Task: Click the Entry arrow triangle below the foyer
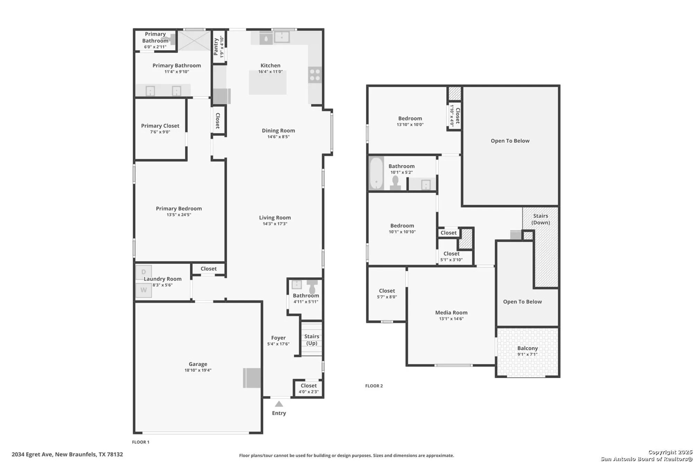(x=279, y=404)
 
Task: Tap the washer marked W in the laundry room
(x=143, y=290)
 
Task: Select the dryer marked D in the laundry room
(x=143, y=272)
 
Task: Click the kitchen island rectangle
(x=267, y=82)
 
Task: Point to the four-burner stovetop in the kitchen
(x=315, y=75)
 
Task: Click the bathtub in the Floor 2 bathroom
(x=376, y=173)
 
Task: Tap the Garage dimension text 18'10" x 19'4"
(x=198, y=370)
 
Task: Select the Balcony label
(x=527, y=348)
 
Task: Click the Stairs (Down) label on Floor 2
(x=541, y=219)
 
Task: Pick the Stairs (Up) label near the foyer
(x=312, y=340)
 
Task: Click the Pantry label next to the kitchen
(x=216, y=46)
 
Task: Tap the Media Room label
(x=451, y=313)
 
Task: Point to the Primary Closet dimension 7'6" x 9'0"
(x=160, y=132)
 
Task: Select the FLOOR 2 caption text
(x=374, y=386)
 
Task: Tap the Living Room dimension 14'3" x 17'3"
(x=275, y=224)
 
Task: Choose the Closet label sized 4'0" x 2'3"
(x=308, y=386)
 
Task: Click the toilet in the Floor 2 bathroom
(x=395, y=183)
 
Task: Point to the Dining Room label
(x=278, y=131)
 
